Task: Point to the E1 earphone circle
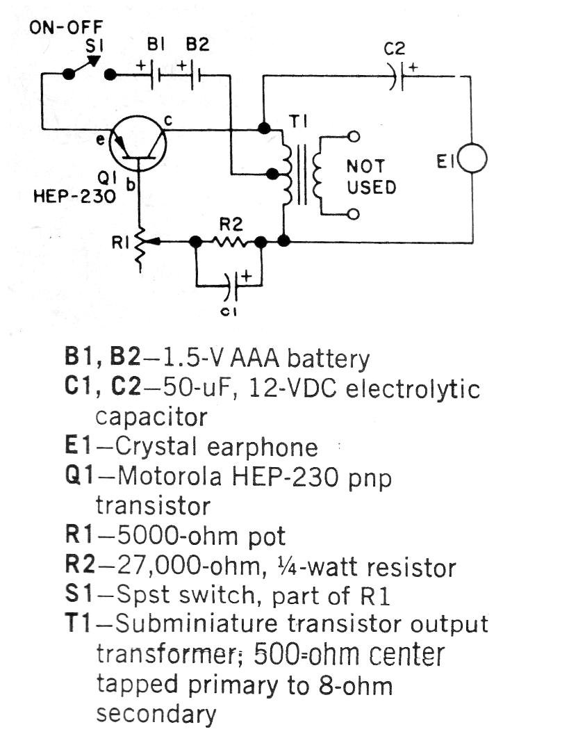472,159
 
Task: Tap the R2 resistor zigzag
229,242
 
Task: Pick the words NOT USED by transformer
371,177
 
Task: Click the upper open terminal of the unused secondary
353,136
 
